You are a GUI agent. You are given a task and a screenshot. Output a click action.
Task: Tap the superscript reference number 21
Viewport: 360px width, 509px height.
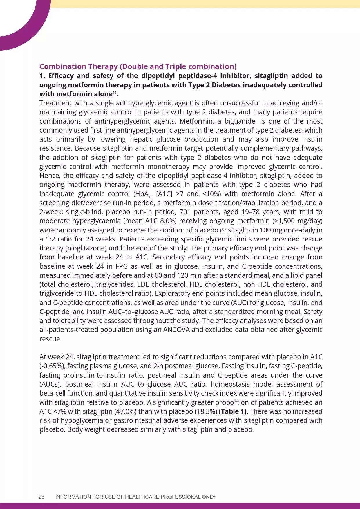(x=115, y=93)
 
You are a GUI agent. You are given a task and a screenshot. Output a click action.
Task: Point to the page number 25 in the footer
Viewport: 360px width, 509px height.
(x=41, y=497)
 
